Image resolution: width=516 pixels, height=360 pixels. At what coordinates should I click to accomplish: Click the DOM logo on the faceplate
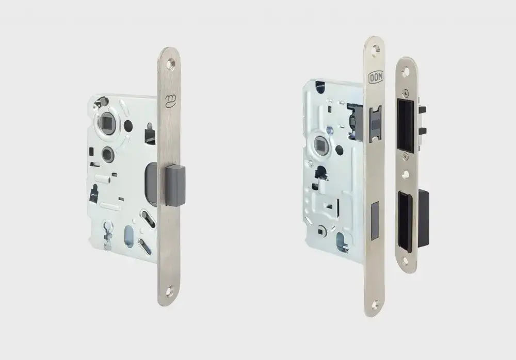coord(376,78)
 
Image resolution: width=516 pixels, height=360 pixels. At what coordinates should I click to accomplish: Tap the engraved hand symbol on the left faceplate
coord(171,100)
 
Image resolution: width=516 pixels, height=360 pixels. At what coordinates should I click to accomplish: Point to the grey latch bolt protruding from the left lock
coord(176,185)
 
